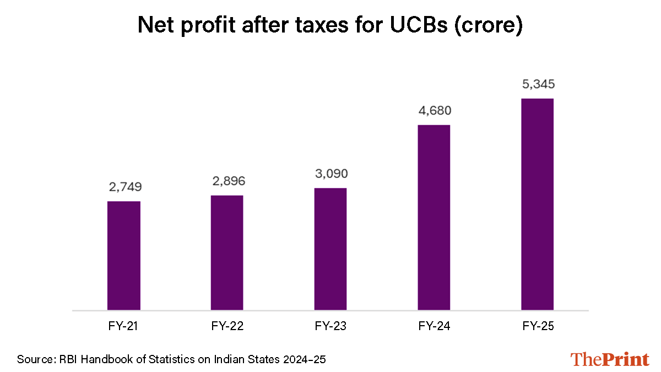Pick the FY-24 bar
[434, 217]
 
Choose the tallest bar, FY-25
[538, 204]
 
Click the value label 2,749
[123, 187]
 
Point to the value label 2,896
[227, 181]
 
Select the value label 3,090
[330, 174]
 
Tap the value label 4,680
[434, 111]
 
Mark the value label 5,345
[538, 85]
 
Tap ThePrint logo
[610, 359]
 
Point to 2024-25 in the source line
[302, 360]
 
